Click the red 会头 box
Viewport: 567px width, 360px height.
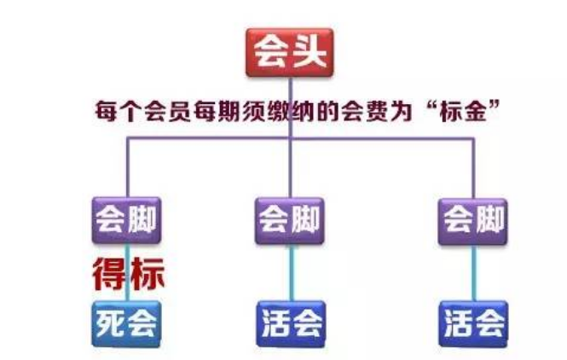coord(289,52)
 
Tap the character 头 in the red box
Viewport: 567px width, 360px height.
coord(310,52)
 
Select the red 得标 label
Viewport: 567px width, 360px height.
coord(129,274)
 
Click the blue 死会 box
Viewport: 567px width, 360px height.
coord(126,324)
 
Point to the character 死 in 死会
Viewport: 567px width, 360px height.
coord(110,324)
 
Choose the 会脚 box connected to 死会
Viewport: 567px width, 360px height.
coord(126,220)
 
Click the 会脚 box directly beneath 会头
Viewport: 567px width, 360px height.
coord(290,221)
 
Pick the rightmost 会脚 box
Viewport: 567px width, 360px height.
coord(472,222)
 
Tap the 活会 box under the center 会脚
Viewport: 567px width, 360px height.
coord(291,324)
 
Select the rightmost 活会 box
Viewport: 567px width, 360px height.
coord(473,324)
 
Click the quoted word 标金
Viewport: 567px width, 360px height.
coord(463,111)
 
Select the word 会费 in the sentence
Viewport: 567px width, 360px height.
coord(365,111)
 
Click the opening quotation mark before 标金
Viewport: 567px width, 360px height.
coord(431,105)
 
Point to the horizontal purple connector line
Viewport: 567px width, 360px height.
coord(300,138)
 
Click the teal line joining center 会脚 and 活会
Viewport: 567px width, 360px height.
coord(291,272)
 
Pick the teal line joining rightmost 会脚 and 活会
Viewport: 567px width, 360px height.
coord(474,273)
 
